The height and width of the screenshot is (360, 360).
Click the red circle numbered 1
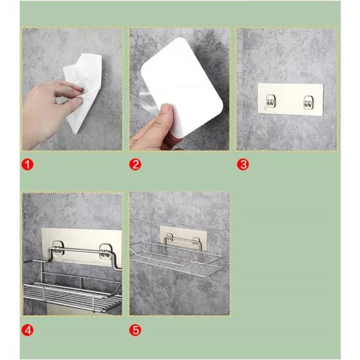(28, 165)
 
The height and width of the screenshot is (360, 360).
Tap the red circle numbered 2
(135, 165)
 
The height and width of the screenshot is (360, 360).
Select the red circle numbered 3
(243, 165)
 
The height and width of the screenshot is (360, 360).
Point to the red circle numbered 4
(28, 330)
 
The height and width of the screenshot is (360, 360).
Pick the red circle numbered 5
(135, 330)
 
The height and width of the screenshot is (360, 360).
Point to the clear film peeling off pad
(147, 101)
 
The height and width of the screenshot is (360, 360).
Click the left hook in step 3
(271, 101)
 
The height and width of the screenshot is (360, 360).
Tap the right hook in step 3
(309, 102)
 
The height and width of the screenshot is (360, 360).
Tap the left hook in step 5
(170, 237)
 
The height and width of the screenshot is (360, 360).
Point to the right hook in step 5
(197, 240)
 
